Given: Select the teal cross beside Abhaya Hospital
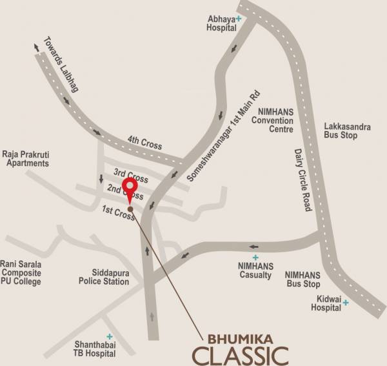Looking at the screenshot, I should tap(239, 19).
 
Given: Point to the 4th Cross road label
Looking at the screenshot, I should tap(144, 146).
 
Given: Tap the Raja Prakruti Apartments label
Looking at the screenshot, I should tap(28, 159).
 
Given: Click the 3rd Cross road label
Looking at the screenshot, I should tap(131, 175).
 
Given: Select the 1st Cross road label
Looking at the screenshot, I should tap(119, 212).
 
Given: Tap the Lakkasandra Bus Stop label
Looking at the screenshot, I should tap(348, 132).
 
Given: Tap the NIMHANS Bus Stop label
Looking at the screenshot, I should tap(303, 279).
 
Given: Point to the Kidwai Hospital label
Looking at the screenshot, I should tap(326, 303).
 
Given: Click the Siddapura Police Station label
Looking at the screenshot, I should tap(104, 277).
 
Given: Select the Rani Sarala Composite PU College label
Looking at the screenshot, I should tap(21, 272).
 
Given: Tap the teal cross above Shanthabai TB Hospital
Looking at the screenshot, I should tap(110, 336).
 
